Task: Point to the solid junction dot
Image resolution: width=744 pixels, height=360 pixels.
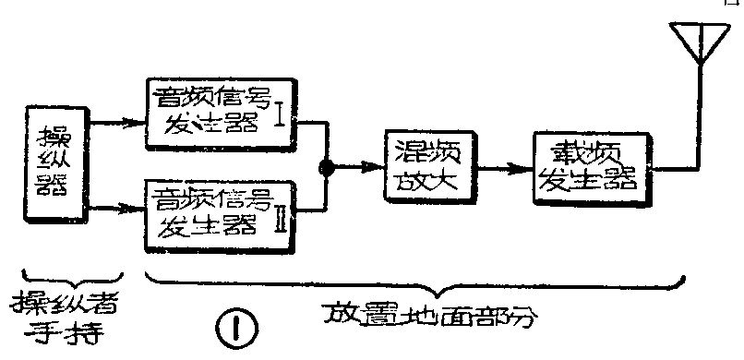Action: pyautogui.click(x=326, y=168)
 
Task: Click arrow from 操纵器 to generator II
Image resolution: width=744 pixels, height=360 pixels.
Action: pyautogui.click(x=123, y=209)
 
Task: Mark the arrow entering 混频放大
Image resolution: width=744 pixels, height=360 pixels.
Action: pyautogui.click(x=360, y=168)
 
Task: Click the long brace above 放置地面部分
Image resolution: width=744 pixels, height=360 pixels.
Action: pyautogui.click(x=415, y=282)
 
